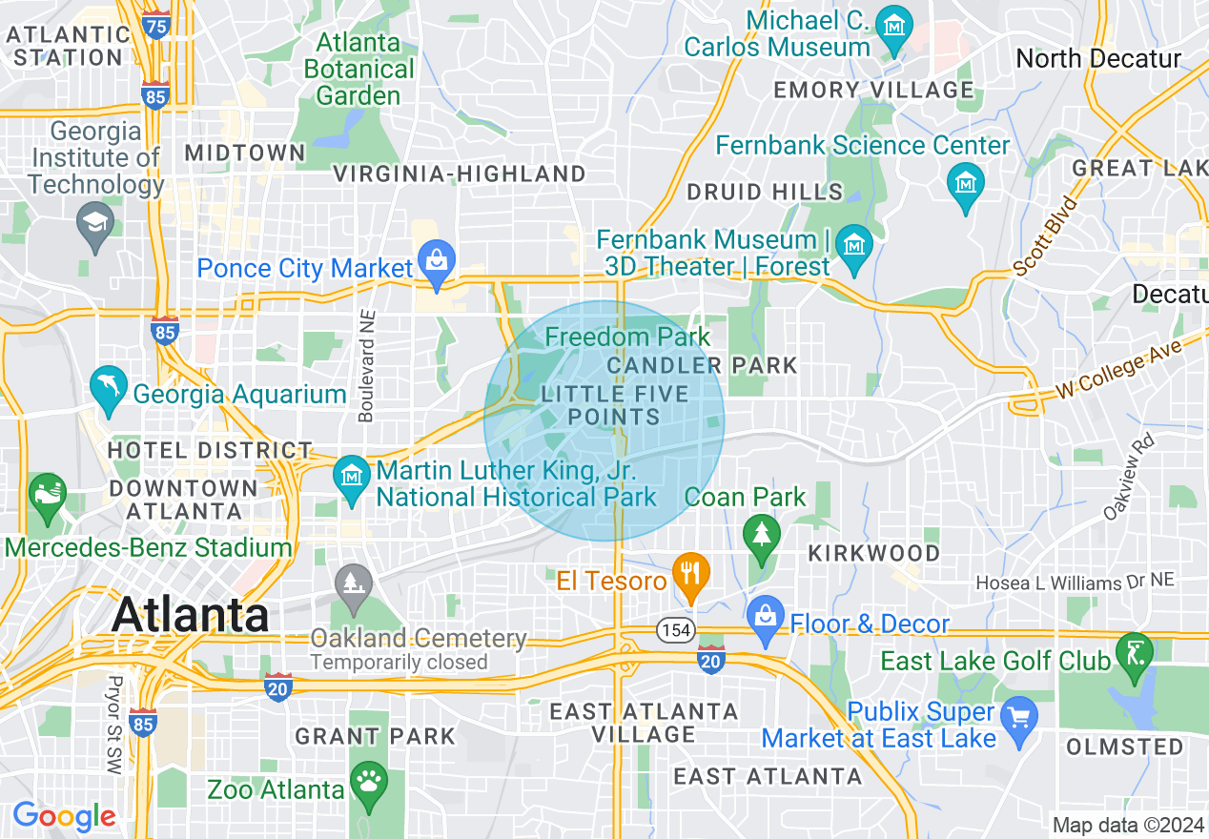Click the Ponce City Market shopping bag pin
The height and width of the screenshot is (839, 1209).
(x=438, y=264)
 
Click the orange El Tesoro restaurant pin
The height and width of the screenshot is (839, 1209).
(x=688, y=574)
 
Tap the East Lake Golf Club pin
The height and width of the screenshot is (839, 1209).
(x=1135, y=655)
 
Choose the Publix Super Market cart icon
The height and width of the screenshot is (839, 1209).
(x=1019, y=715)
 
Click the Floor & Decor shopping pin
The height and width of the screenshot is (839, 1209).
(x=766, y=617)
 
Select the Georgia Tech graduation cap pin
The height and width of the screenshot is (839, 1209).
(x=95, y=223)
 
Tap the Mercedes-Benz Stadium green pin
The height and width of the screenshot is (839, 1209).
(x=48, y=497)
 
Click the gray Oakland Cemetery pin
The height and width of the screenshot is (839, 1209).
(x=354, y=583)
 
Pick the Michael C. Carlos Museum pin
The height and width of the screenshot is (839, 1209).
(x=894, y=29)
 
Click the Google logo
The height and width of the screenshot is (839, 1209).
(x=64, y=816)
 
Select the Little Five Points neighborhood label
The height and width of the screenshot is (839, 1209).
(x=614, y=405)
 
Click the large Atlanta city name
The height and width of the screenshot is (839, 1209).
(x=191, y=615)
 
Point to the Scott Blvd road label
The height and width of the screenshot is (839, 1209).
(x=1046, y=236)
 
